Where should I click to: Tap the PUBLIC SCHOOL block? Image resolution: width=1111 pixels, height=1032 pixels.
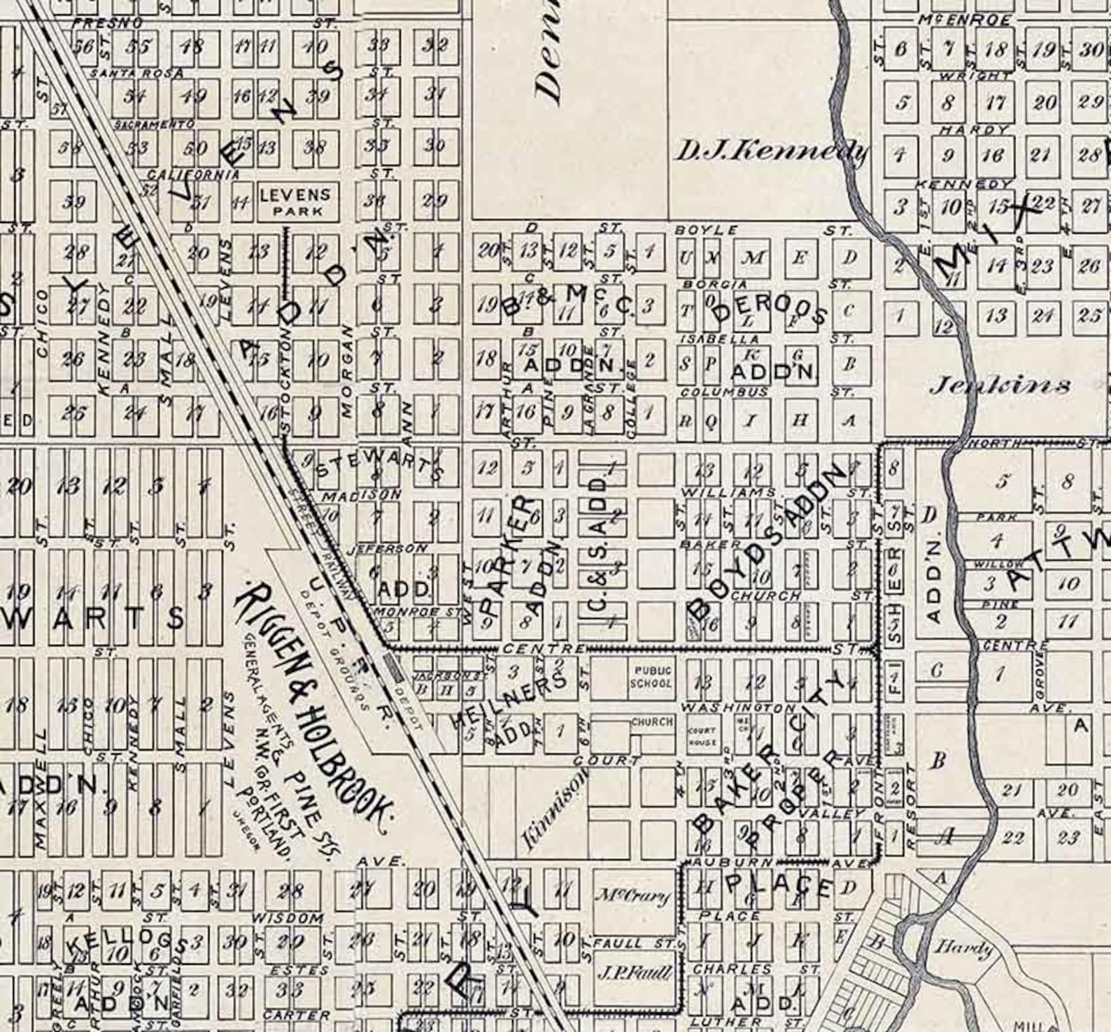[x=651, y=677]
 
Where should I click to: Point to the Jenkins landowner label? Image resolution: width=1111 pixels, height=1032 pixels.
[x=1000, y=385]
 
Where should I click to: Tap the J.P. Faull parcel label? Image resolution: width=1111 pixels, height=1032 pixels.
[x=635, y=973]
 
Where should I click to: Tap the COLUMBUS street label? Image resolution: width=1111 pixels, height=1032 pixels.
[x=724, y=392]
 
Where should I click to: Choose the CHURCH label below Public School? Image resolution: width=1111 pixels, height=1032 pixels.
[x=651, y=721]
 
